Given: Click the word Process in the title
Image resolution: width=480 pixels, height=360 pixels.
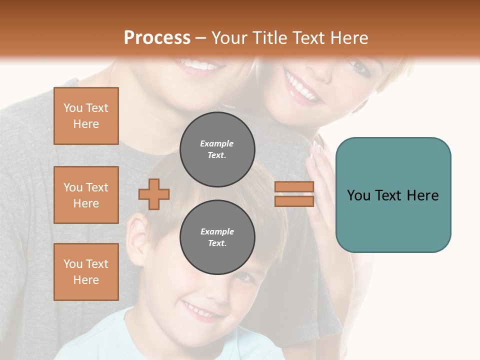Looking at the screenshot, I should pos(157,37).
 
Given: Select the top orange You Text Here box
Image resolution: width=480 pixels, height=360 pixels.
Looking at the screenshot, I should pos(86,116).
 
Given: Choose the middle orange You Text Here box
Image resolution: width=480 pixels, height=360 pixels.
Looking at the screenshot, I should pos(86,195).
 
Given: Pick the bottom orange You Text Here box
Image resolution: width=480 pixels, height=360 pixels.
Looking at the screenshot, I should pos(86,272).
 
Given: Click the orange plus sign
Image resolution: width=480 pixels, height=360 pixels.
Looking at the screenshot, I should pos(154,194).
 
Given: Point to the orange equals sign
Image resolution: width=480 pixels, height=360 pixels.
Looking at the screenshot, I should pos(294,194).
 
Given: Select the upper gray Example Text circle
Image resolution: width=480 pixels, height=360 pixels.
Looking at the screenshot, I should pos(217,149).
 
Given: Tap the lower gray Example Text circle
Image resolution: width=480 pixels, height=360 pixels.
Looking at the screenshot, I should pos(217,237).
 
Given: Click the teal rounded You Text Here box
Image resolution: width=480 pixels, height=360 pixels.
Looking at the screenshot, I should pos(393,195).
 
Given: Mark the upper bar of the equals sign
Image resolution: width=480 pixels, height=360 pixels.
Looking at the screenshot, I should pos(294,187).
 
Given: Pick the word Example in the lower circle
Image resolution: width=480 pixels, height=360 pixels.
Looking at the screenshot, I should pos(217,231).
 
